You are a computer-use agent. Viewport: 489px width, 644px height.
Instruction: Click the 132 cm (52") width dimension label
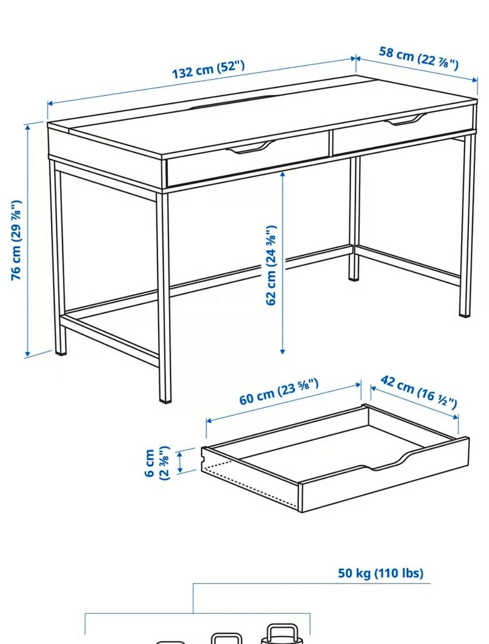[208, 69]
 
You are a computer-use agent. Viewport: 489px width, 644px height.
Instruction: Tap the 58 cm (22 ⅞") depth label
[418, 58]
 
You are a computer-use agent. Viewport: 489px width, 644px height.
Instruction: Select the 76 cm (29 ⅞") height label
[16, 240]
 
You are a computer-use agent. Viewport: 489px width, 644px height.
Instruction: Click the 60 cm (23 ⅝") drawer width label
[279, 392]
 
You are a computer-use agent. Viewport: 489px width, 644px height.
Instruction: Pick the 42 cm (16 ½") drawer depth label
[418, 391]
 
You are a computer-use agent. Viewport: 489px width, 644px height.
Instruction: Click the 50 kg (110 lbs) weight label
[380, 573]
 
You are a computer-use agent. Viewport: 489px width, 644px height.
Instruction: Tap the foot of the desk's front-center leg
[165, 398]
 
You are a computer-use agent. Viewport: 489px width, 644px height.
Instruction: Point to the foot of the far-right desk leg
[465, 312]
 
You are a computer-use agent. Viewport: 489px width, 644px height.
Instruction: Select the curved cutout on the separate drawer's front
[389, 466]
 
